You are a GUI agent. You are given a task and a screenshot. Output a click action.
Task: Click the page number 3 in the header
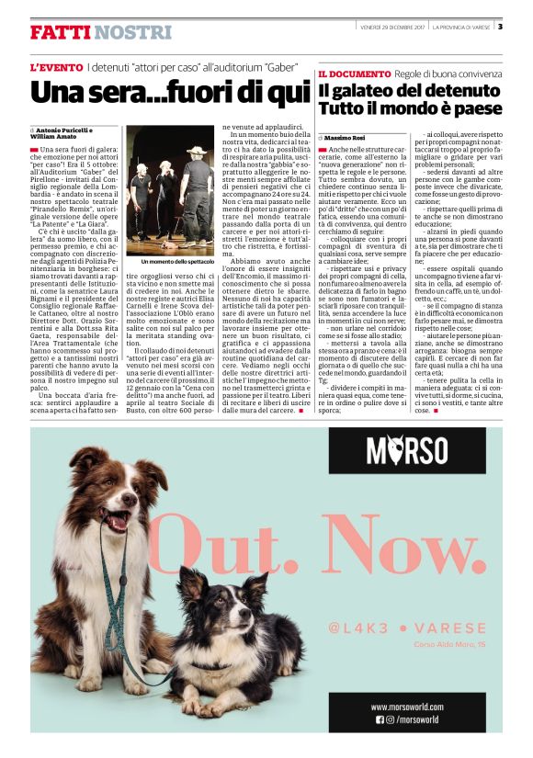[500, 26]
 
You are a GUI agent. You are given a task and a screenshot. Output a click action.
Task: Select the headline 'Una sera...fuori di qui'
[170, 94]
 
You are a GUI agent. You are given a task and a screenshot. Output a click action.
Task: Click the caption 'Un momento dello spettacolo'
[171, 262]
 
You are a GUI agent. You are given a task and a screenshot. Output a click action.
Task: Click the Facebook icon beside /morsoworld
[380, 719]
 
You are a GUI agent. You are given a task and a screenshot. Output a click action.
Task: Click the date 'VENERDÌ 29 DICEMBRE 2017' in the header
[391, 26]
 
